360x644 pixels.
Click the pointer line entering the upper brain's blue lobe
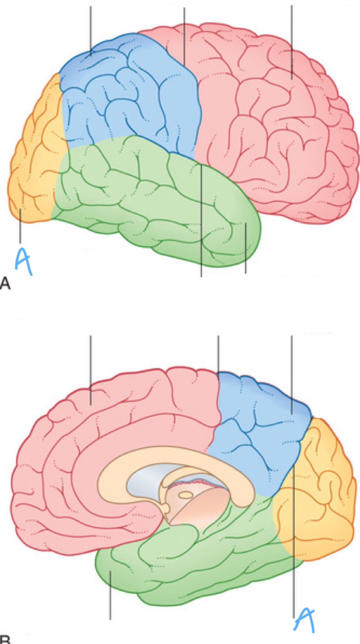coord(91,30)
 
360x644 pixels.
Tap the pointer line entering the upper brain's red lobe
coord(291,40)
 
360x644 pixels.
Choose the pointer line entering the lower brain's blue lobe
coord(291,378)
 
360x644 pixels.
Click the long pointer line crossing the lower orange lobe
coord(294,540)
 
